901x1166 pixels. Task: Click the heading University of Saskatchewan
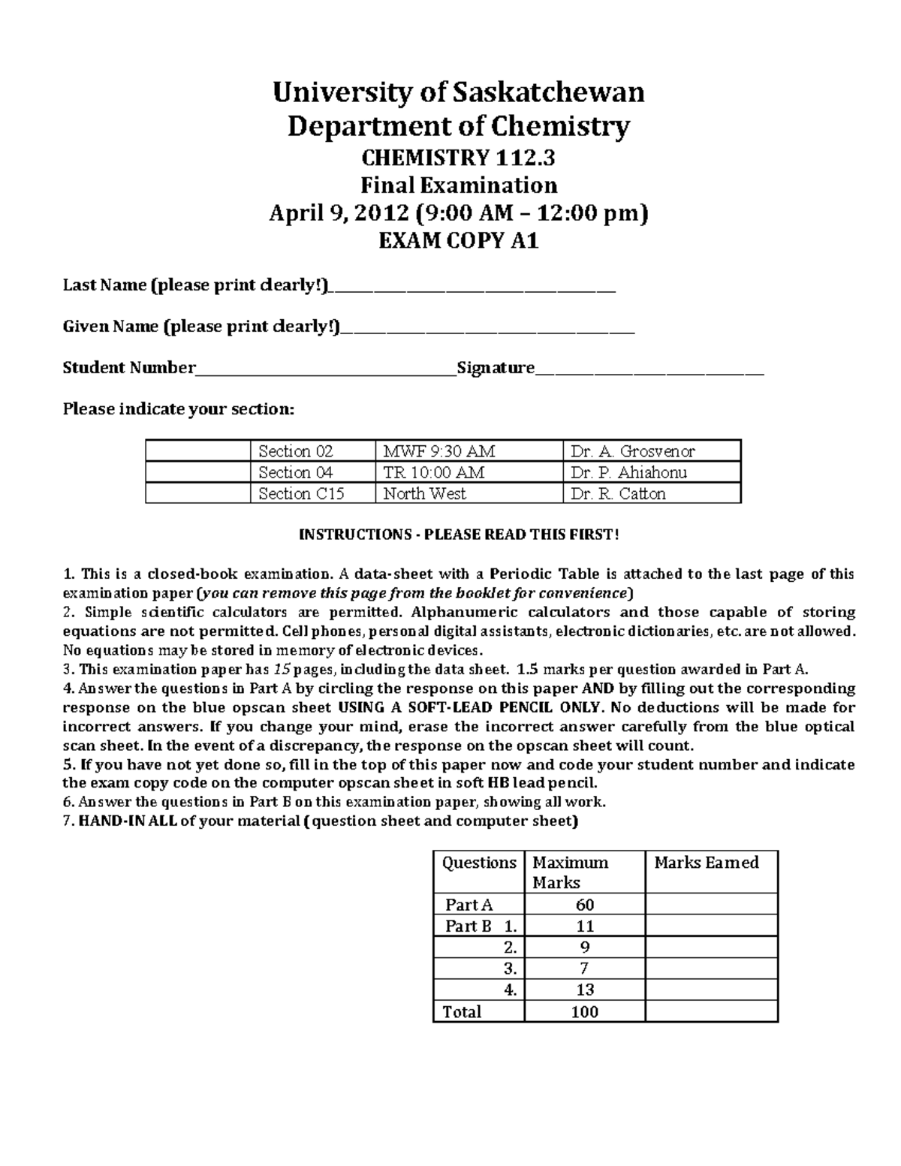(458, 92)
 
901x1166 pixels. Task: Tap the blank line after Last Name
(473, 287)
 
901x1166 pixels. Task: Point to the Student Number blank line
(325, 369)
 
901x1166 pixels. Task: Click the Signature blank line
(649, 369)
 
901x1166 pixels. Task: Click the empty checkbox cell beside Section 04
(197, 472)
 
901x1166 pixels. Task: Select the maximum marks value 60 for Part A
(584, 905)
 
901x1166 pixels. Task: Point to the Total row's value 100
(584, 1011)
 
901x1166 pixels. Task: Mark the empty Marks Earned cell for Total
(710, 1011)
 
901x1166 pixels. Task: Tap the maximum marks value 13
(584, 990)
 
